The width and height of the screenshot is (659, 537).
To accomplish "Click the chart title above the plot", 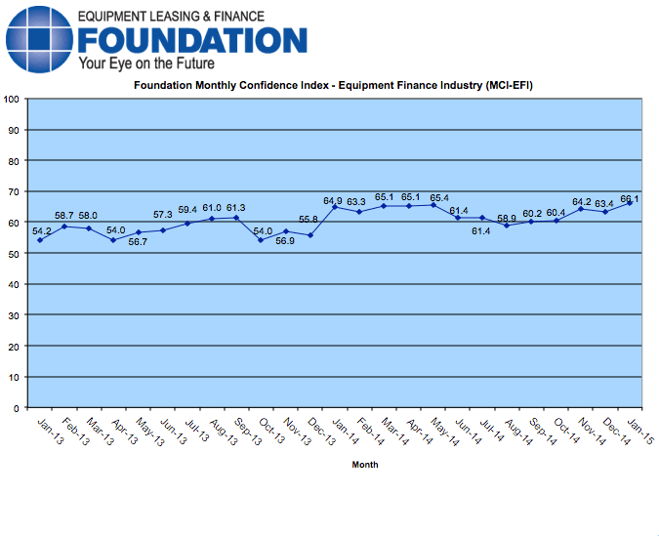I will click(333, 86).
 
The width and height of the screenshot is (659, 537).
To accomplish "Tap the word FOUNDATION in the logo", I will click(192, 40).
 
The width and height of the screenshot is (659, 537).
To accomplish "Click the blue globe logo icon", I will click(38, 38).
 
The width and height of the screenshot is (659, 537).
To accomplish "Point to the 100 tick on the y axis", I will click(13, 99).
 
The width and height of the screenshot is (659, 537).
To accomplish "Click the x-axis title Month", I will click(365, 465).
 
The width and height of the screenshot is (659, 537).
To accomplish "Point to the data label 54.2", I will click(42, 231).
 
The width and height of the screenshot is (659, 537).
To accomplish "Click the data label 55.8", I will click(309, 221).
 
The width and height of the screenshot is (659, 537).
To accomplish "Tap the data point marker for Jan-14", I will click(335, 207).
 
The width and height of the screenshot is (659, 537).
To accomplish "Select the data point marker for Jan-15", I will click(630, 203).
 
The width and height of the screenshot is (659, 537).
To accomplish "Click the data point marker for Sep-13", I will click(236, 218).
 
